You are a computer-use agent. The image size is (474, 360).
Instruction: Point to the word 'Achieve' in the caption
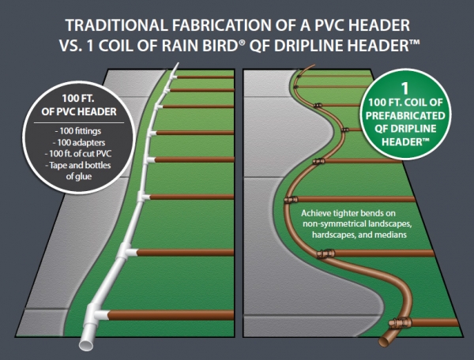[316, 214]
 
